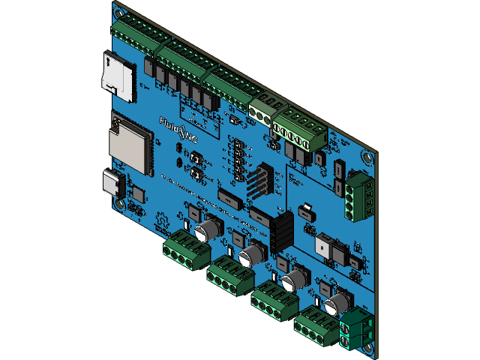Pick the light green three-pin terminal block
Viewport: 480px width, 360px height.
pos(262,109)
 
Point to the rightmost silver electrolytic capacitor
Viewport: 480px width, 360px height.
pos(335,303)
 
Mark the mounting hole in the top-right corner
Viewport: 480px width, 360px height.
pos(367,158)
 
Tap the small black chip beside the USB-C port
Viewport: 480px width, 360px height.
pos(138,192)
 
